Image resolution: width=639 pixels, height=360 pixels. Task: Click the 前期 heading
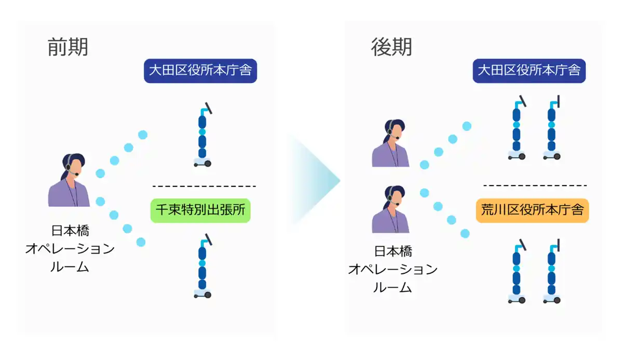click(x=67, y=47)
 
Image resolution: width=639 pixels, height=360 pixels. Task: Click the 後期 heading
click(x=391, y=47)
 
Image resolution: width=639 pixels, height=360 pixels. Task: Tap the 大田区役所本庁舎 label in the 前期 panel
click(x=200, y=71)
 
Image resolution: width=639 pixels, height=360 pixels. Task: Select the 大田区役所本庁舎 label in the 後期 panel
click(x=529, y=70)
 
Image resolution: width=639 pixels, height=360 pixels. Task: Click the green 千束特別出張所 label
click(x=200, y=210)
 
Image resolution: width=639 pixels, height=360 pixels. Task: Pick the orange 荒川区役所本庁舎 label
click(x=532, y=210)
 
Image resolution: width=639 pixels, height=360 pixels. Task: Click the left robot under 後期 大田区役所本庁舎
click(x=516, y=128)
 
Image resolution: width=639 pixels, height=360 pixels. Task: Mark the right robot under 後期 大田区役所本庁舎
click(x=552, y=128)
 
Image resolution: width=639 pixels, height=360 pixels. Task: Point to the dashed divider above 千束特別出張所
click(x=204, y=186)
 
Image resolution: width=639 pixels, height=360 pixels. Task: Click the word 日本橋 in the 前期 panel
click(x=70, y=231)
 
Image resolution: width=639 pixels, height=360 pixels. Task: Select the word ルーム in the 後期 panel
click(x=392, y=287)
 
